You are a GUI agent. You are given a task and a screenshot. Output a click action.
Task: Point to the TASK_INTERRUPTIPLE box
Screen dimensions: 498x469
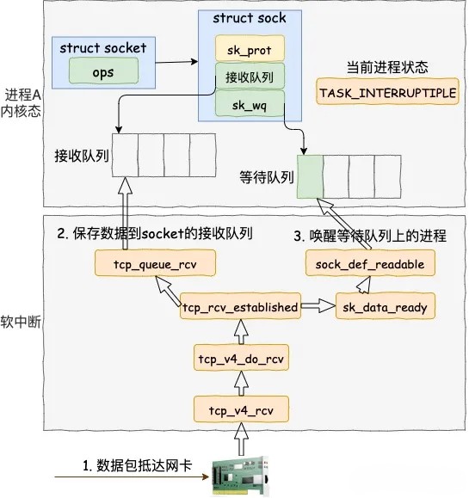pos(387,93)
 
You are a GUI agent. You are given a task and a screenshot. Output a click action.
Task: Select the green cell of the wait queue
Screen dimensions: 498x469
pos(311,176)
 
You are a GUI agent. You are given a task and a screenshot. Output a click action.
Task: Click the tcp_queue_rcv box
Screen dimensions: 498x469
pos(144,264)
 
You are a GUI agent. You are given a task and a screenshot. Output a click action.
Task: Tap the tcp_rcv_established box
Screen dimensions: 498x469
pos(241,307)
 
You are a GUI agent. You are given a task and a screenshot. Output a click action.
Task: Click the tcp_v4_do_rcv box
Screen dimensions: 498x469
pos(241,357)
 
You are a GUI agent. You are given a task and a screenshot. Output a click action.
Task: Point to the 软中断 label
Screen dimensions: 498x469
pos(23,324)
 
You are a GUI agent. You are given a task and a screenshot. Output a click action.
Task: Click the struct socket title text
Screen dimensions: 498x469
pos(103,48)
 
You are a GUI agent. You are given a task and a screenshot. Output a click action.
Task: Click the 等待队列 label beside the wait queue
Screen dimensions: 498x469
pos(268,178)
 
